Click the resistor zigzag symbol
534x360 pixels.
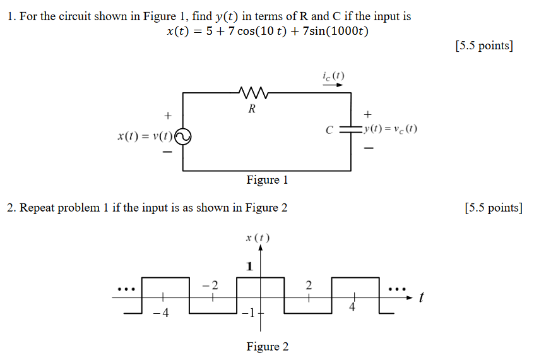pos(254,93)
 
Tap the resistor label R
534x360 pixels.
pos(252,109)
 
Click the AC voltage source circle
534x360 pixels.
pos(183,136)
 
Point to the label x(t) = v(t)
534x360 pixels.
pos(145,136)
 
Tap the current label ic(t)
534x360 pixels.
pos(333,76)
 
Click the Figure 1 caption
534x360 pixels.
pos(267,180)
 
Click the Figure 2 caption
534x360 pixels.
pos(267,346)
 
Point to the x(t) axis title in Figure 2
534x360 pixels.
pos(258,238)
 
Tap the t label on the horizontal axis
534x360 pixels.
pos(420,297)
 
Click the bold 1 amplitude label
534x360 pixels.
pos(249,267)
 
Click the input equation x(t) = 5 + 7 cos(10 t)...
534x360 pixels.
pos(267,32)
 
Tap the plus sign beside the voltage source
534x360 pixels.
pos(167,116)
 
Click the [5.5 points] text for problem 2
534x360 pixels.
pos(493,208)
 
